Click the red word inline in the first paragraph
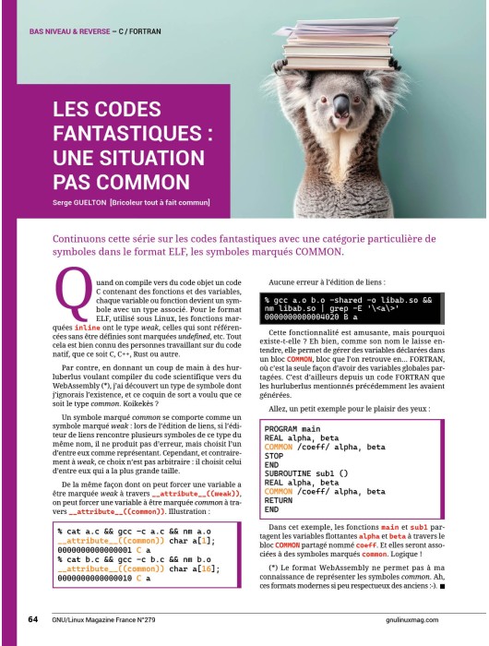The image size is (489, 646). coord(89,328)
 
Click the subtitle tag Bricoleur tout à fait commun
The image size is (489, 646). coord(160,203)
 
